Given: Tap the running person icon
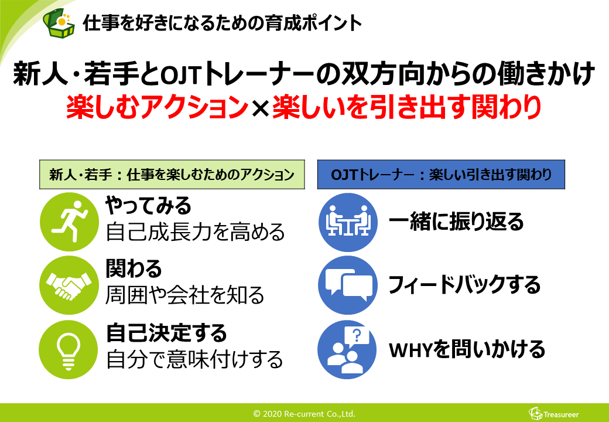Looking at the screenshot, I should click(67, 221).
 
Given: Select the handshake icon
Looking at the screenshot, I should click(67, 285).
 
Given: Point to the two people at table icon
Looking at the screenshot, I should click(347, 221).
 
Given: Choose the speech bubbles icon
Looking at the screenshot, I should click(347, 285).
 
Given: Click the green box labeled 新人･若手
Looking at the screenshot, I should click(173, 175).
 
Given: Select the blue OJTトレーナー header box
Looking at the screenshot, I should click(441, 175).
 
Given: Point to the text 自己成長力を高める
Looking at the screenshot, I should click(196, 233).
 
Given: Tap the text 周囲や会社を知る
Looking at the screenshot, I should click(185, 295).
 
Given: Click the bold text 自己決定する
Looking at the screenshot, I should click(166, 333).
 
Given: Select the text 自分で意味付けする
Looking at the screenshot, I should click(194, 359).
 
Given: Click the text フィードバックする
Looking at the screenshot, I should click(464, 285).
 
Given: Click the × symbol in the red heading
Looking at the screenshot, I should click(259, 108).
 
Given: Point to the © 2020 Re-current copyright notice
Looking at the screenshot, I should click(304, 414).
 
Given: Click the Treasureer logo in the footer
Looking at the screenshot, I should click(553, 414).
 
